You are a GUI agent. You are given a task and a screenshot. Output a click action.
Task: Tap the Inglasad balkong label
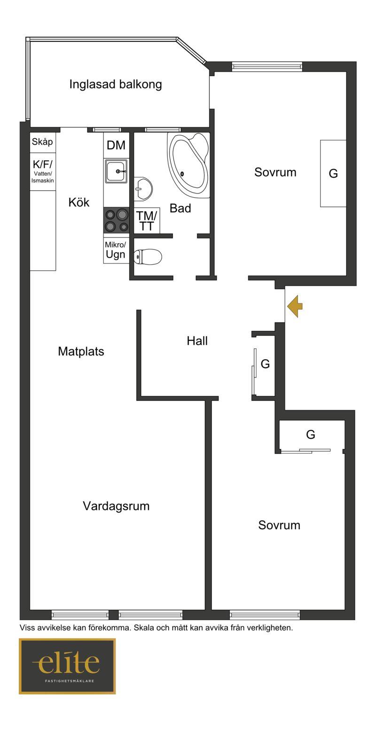tap(115, 84)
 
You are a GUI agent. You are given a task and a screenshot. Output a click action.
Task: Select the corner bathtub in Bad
tap(188, 165)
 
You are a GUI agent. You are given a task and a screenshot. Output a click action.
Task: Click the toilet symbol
tap(149, 256)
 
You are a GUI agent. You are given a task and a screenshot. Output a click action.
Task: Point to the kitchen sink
tap(116, 171)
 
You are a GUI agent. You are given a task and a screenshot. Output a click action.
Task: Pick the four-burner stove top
tap(116, 221)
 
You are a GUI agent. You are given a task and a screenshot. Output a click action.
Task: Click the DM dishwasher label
tap(116, 145)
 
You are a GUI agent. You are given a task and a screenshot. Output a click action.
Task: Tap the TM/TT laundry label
tap(146, 221)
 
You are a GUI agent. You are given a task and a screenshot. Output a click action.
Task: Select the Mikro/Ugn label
tap(115, 250)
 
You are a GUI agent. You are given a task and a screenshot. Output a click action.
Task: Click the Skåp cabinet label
tap(42, 142)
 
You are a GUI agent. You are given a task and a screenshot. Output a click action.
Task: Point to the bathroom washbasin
tap(143, 188)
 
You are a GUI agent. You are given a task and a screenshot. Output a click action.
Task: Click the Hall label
tap(197, 341)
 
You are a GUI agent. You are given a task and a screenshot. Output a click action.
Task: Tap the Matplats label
tap(81, 352)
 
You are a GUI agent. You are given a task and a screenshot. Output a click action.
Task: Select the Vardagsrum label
tap(116, 506)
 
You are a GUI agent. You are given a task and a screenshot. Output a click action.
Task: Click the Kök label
tap(79, 202)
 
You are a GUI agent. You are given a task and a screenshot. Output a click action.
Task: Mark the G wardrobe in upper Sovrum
tap(333, 173)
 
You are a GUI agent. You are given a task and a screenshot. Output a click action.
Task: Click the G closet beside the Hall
tap(265, 363)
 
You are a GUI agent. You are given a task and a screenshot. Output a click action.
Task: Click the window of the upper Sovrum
tap(267, 67)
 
